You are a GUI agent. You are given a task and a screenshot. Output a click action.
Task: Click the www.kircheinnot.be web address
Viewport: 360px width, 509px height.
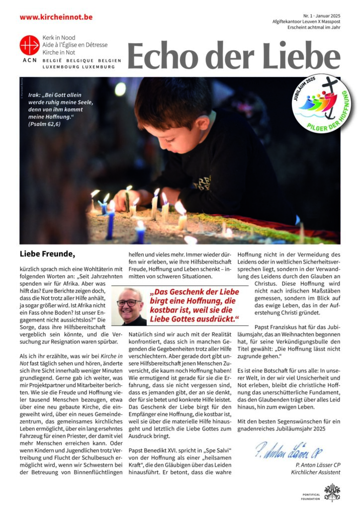56,17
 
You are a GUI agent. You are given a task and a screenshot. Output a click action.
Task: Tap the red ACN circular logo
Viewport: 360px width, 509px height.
29,45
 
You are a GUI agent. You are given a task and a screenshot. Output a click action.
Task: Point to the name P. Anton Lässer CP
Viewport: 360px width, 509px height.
317,464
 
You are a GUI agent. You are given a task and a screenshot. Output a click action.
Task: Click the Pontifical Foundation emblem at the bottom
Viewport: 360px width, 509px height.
332,492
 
